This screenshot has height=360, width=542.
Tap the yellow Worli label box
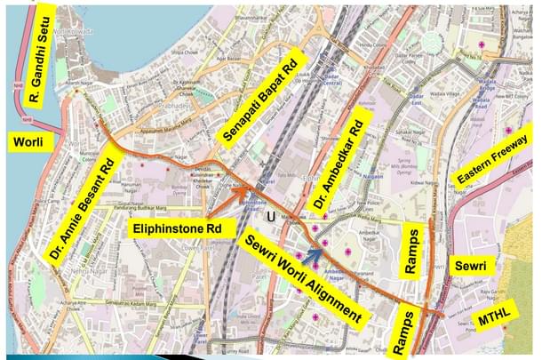click(27, 141)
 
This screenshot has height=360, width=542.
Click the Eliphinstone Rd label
click(178, 228)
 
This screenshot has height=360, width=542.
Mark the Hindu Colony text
click(367, 44)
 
